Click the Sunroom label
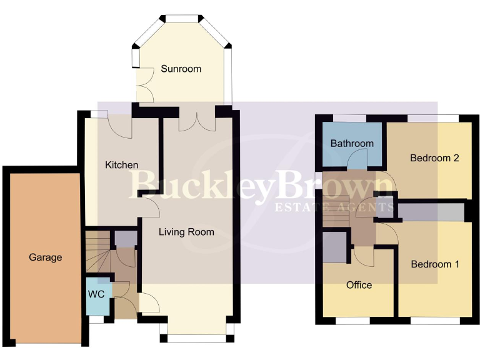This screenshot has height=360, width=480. [x=181, y=69]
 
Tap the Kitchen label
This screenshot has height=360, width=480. [x=121, y=165]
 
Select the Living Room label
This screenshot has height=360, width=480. [x=186, y=232]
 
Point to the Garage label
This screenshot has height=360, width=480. [x=45, y=257]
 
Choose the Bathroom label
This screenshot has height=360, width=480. [x=352, y=143]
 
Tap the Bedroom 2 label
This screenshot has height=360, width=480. [x=434, y=158]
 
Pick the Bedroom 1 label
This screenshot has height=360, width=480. [x=435, y=264]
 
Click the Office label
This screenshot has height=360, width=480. [x=359, y=285]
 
